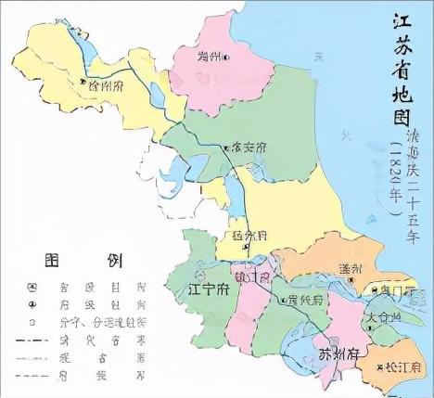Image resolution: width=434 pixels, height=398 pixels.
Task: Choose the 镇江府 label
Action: point(251,277)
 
